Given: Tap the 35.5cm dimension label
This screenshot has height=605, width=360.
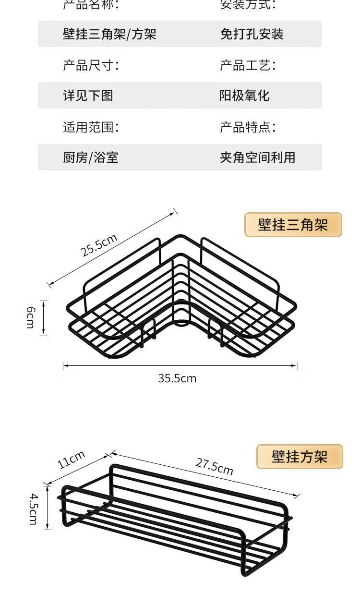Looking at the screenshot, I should pyautogui.click(x=177, y=378).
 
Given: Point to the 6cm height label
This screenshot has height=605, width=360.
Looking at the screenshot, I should pyautogui.click(x=30, y=318).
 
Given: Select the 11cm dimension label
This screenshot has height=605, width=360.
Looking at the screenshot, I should pyautogui.click(x=71, y=460).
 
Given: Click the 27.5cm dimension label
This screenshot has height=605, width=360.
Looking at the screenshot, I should pyautogui.click(x=214, y=466).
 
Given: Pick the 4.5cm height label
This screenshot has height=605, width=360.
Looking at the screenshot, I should pyautogui.click(x=32, y=508).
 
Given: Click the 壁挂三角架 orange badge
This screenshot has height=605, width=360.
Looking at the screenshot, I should pyautogui.click(x=293, y=225).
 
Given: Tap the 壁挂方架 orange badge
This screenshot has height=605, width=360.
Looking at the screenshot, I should pyautogui.click(x=300, y=457).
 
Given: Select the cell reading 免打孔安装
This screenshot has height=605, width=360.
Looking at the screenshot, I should pyautogui.click(x=252, y=34).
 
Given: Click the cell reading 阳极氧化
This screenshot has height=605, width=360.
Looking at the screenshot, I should pyautogui.click(x=245, y=96).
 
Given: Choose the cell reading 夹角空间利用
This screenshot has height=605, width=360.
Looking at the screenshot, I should pyautogui.click(x=257, y=157).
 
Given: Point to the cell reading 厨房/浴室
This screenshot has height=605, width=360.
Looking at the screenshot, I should pyautogui.click(x=90, y=157).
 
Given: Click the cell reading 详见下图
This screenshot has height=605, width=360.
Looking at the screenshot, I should pyautogui.click(x=88, y=96).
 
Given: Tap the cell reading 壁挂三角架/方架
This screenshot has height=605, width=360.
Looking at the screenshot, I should pyautogui.click(x=109, y=34).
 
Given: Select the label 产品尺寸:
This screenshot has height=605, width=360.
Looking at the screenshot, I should pyautogui.click(x=91, y=65).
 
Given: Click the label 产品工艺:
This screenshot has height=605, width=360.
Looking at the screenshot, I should pyautogui.click(x=248, y=65).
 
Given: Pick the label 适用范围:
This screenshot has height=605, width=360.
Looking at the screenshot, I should pyautogui.click(x=91, y=127).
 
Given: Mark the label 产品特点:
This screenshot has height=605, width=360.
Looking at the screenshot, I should pyautogui.click(x=248, y=127).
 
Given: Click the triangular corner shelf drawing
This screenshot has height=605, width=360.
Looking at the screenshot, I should pyautogui.click(x=181, y=298).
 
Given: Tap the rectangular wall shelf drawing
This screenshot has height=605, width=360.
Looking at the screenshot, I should pyautogui.click(x=175, y=519).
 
